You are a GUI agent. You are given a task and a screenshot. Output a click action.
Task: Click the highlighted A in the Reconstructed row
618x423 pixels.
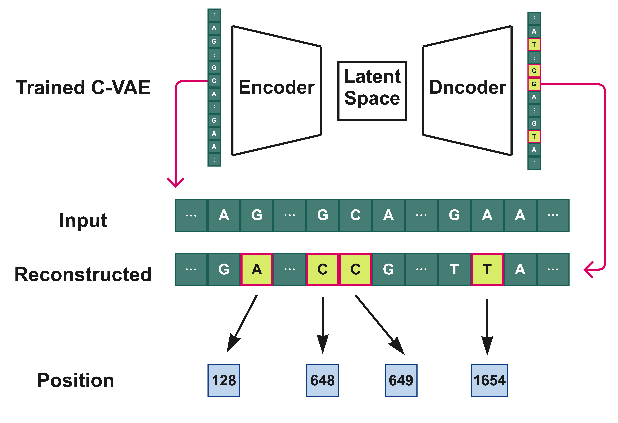tap(257, 270)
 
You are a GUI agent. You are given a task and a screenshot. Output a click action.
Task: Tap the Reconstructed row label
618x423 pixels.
tap(83, 275)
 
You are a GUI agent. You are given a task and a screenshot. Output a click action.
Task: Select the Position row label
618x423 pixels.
tap(76, 380)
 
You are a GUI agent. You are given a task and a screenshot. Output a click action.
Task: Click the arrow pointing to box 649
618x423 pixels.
tap(380, 325)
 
